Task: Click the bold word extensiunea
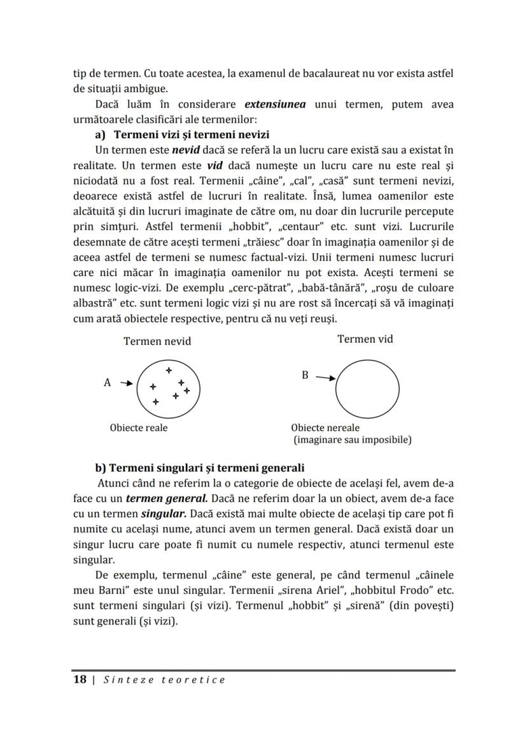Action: click(x=275, y=104)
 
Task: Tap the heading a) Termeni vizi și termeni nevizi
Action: click(x=182, y=135)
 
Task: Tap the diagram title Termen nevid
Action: click(x=157, y=341)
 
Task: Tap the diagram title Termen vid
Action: click(x=365, y=339)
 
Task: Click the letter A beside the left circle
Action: click(x=107, y=383)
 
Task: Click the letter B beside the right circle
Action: click(x=305, y=376)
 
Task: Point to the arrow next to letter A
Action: click(x=126, y=383)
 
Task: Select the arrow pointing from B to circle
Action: click(x=325, y=378)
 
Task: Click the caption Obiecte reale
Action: click(x=139, y=428)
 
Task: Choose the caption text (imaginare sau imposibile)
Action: click(x=352, y=439)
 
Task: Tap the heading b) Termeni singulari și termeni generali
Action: click(x=200, y=468)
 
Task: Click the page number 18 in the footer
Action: click(x=80, y=680)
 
